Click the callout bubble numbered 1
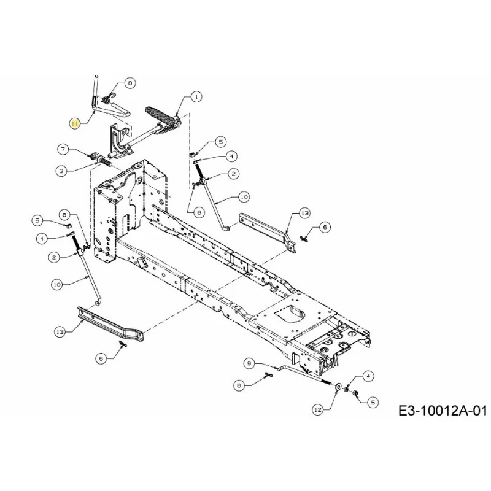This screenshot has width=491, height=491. pyautogui.click(x=196, y=97)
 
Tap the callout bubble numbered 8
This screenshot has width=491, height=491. pyautogui.click(x=130, y=83)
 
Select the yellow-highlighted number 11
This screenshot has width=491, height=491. pyautogui.click(x=75, y=124)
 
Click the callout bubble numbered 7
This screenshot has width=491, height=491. pyautogui.click(x=63, y=149)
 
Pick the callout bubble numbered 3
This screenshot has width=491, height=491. pyautogui.click(x=61, y=171)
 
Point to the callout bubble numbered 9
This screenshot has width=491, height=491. pyautogui.click(x=249, y=363)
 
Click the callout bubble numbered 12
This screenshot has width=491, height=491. pyautogui.click(x=318, y=409)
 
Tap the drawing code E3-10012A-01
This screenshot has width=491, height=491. pyautogui.click(x=443, y=410)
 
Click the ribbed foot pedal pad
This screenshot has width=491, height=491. pyautogui.click(x=160, y=117)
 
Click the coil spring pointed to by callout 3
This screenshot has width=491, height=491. pyautogui.click(x=106, y=163)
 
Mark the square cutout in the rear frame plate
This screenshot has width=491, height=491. pyautogui.click(x=290, y=314)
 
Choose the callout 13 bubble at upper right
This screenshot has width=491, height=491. pyautogui.click(x=304, y=213)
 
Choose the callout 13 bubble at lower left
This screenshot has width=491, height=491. pyautogui.click(x=60, y=332)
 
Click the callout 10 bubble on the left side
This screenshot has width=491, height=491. pyautogui.click(x=57, y=285)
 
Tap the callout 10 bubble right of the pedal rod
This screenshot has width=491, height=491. pyautogui.click(x=244, y=197)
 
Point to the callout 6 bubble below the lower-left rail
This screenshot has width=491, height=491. pyautogui.click(x=101, y=358)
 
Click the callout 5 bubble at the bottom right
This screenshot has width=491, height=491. pyautogui.click(x=373, y=403)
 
